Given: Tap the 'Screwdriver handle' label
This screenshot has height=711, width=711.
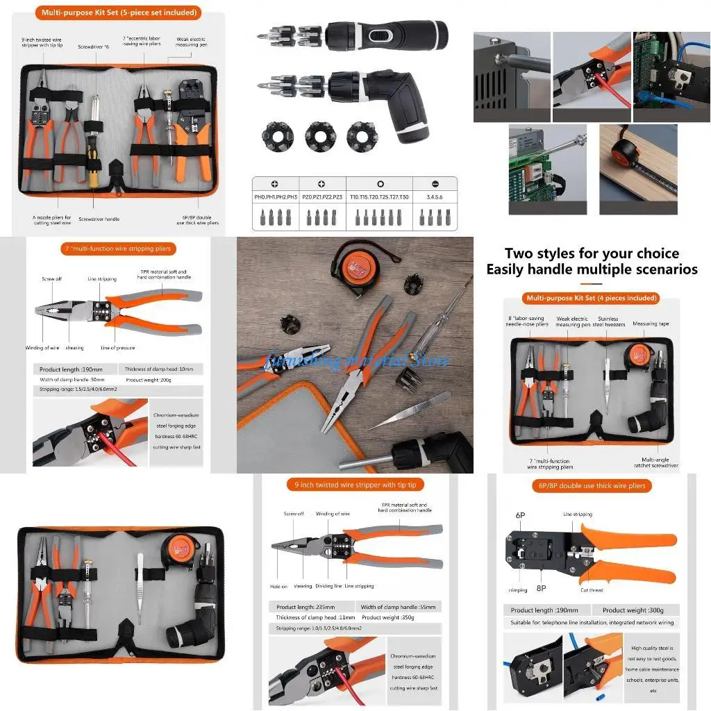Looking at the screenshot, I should click(99, 219).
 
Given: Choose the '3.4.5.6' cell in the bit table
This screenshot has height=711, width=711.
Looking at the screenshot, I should click(435, 197).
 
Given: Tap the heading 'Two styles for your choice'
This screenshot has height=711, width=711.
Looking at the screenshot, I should click(592, 253).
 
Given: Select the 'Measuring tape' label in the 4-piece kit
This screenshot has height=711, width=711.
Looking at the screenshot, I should click(651, 324).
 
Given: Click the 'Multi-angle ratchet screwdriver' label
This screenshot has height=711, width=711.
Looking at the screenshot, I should click(660, 462).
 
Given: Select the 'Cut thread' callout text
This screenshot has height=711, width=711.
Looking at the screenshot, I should click(592, 590).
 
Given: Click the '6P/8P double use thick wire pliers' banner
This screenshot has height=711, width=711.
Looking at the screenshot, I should click(592, 485).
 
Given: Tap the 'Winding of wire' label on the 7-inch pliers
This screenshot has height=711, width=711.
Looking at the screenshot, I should click(43, 348).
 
